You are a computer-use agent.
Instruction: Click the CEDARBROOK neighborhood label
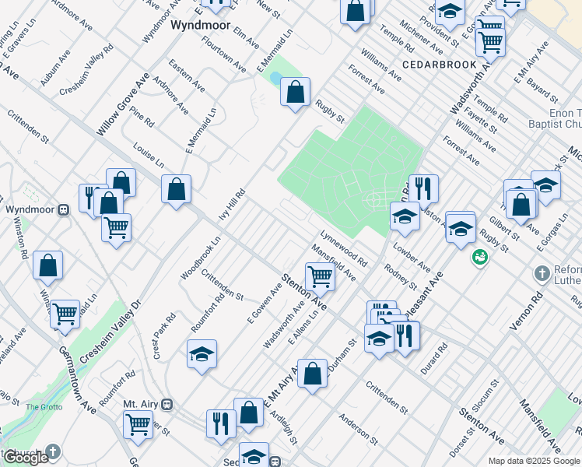coord(433,63)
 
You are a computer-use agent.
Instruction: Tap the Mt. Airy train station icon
coord(167,404)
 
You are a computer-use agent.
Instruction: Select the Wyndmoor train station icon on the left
coord(65,209)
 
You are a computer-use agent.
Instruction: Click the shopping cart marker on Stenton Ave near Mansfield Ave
coord(320,276)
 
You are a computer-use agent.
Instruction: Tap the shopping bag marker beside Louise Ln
coord(177,189)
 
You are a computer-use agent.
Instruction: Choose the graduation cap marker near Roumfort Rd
coord(202,354)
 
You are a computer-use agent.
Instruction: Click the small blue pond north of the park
coord(275,78)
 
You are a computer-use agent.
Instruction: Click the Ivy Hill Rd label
coord(232,205)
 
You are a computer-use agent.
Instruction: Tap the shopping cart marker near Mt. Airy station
coord(138,424)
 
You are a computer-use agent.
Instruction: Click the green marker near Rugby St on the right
coord(479,257)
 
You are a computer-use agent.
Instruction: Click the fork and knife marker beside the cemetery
coord(423,188)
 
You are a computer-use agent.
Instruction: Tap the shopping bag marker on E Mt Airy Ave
coord(312,373)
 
